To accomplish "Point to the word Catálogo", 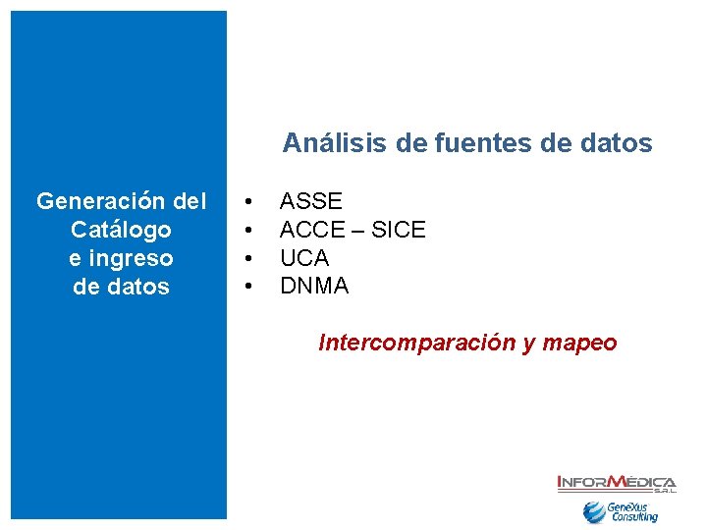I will click(x=121, y=230).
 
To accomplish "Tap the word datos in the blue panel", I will click(x=135, y=287).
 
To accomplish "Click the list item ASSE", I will click(x=311, y=201).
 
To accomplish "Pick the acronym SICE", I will click(x=398, y=230).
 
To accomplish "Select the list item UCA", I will click(x=304, y=258).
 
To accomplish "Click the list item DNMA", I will click(x=314, y=287).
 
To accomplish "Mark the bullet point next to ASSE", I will click(x=250, y=202).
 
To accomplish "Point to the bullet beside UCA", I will click(x=250, y=259).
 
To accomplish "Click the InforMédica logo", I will click(x=616, y=483).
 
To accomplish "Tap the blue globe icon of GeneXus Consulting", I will click(x=593, y=511).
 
